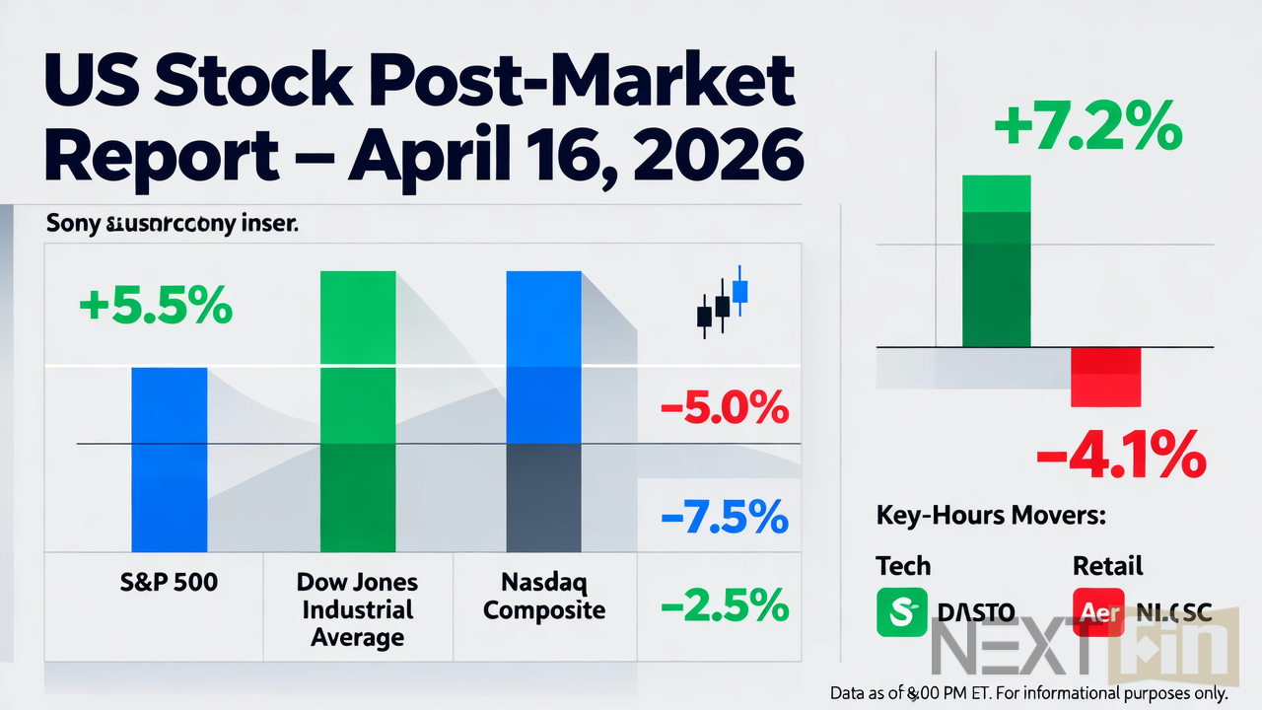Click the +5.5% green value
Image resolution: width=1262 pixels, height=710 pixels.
click(x=155, y=307)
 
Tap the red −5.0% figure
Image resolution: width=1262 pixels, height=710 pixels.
click(x=723, y=407)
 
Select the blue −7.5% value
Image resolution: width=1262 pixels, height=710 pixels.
click(x=723, y=516)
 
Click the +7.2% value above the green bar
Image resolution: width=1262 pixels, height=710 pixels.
click(x=1087, y=129)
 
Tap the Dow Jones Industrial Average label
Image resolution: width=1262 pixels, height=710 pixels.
click(x=357, y=609)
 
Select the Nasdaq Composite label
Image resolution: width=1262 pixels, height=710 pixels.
click(x=544, y=597)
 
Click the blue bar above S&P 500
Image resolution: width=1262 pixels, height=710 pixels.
click(x=170, y=459)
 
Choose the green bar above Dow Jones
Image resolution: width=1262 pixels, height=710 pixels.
click(x=358, y=409)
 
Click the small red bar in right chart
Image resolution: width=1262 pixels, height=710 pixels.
click(x=1105, y=377)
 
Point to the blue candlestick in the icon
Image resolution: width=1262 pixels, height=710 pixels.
click(x=740, y=291)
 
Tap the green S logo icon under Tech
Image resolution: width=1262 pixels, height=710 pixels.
click(x=901, y=612)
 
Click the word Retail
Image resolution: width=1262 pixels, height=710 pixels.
click(x=1107, y=566)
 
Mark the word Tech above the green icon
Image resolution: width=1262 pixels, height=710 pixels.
click(x=903, y=566)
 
